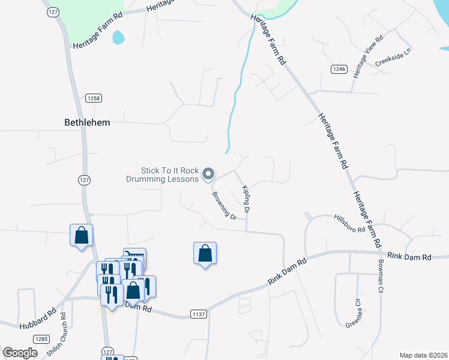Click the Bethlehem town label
[x=87, y=122]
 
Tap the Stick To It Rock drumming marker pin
[x=208, y=174]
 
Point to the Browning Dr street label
[x=224, y=205]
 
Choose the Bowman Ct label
[x=380, y=280]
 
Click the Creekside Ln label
[x=393, y=58]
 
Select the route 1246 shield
[x=339, y=70]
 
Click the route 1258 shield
[x=93, y=98]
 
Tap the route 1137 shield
[x=198, y=314]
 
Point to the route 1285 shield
[x=41, y=340]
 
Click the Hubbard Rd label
[x=37, y=318]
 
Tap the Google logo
[x=20, y=353]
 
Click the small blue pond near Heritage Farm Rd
[x=118, y=37]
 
